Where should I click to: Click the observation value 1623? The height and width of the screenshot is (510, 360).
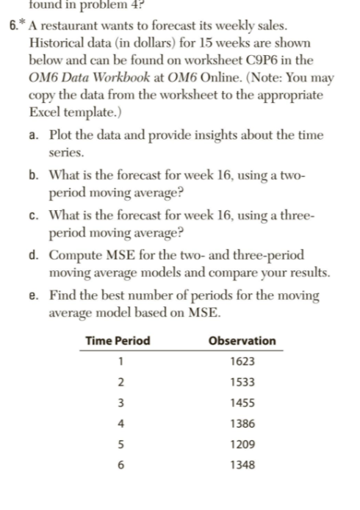tap(242, 362)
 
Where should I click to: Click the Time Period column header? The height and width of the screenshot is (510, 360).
tap(118, 341)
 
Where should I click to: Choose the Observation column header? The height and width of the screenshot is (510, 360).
tap(242, 341)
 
